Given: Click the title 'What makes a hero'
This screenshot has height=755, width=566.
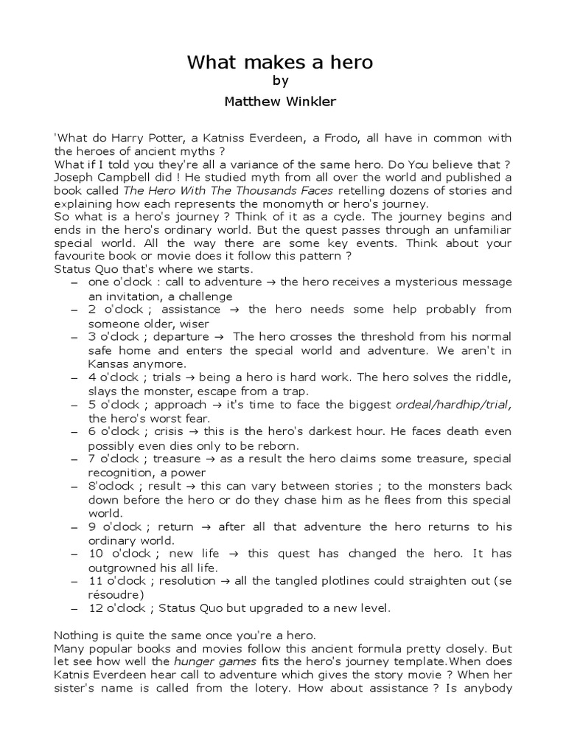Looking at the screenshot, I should (280, 63).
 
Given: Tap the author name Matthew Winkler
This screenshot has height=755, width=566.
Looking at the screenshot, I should (280, 102).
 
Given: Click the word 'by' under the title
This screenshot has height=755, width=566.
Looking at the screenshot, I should (280, 82).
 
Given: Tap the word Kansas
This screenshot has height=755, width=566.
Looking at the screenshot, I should (108, 363).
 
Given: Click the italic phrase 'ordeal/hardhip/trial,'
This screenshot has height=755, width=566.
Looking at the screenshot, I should (453, 405).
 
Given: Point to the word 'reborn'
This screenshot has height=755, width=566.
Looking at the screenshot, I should (277, 445).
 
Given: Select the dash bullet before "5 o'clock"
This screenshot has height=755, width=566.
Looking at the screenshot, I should (74, 406).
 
